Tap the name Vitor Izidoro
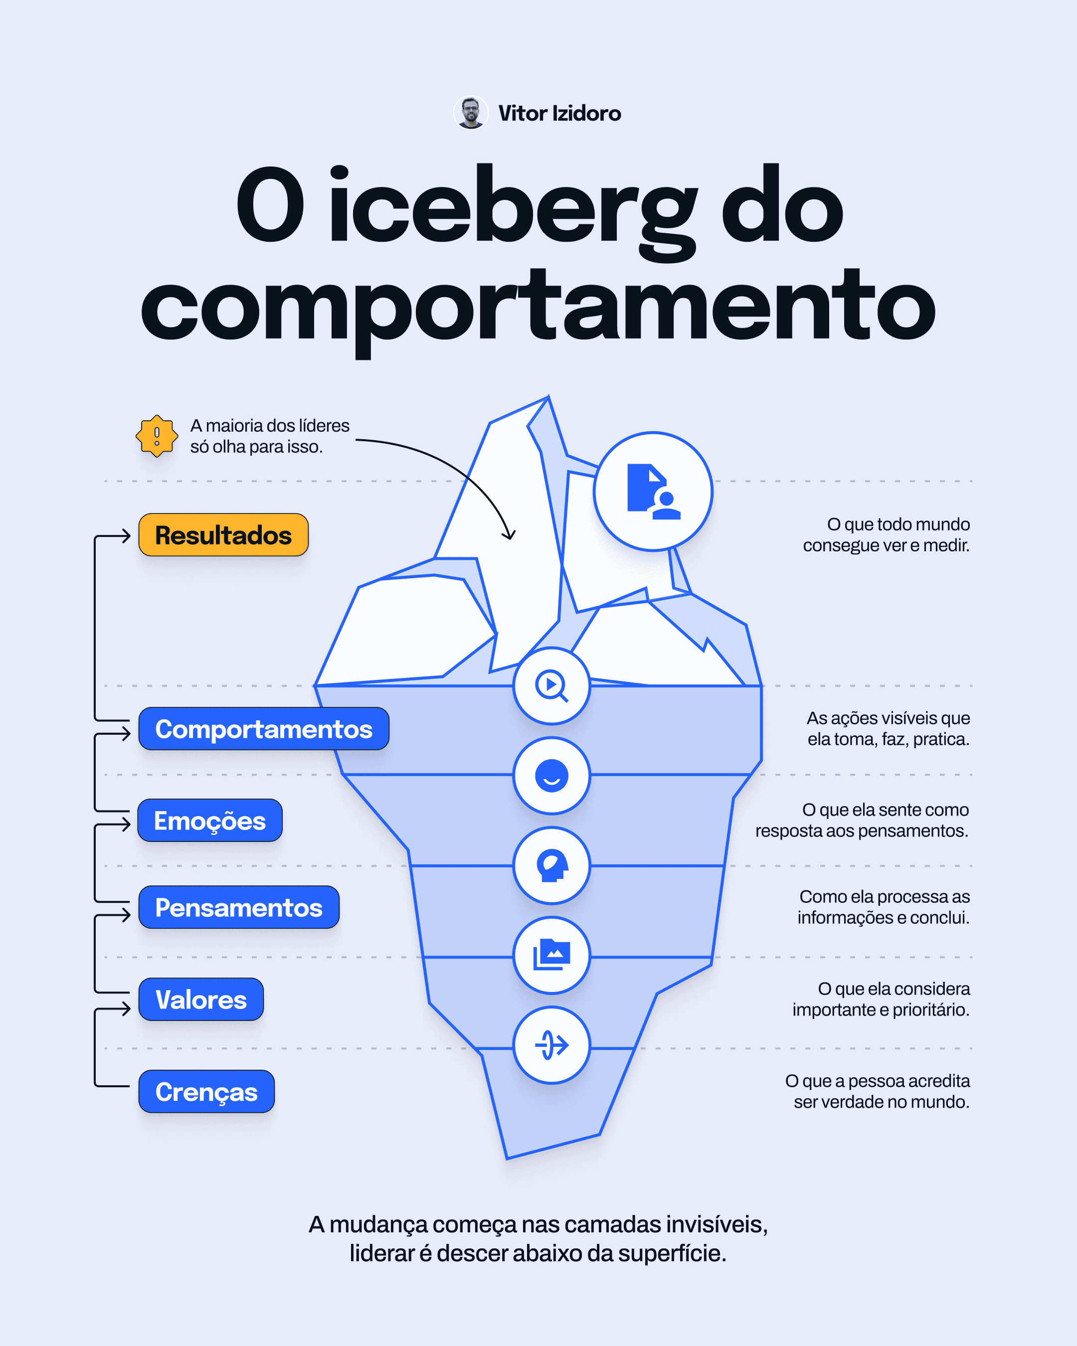(559, 114)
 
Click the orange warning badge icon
(157, 436)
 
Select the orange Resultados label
(223, 535)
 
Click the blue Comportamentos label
(263, 728)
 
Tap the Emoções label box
(210, 821)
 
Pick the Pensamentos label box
(238, 907)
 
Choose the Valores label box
(201, 1000)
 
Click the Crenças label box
(206, 1091)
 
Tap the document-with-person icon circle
(653, 492)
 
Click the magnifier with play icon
(551, 685)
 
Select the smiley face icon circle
(551, 775)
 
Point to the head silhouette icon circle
(551, 865)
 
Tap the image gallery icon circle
(551, 955)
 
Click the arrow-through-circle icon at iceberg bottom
(551, 1045)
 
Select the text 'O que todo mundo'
(898, 524)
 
